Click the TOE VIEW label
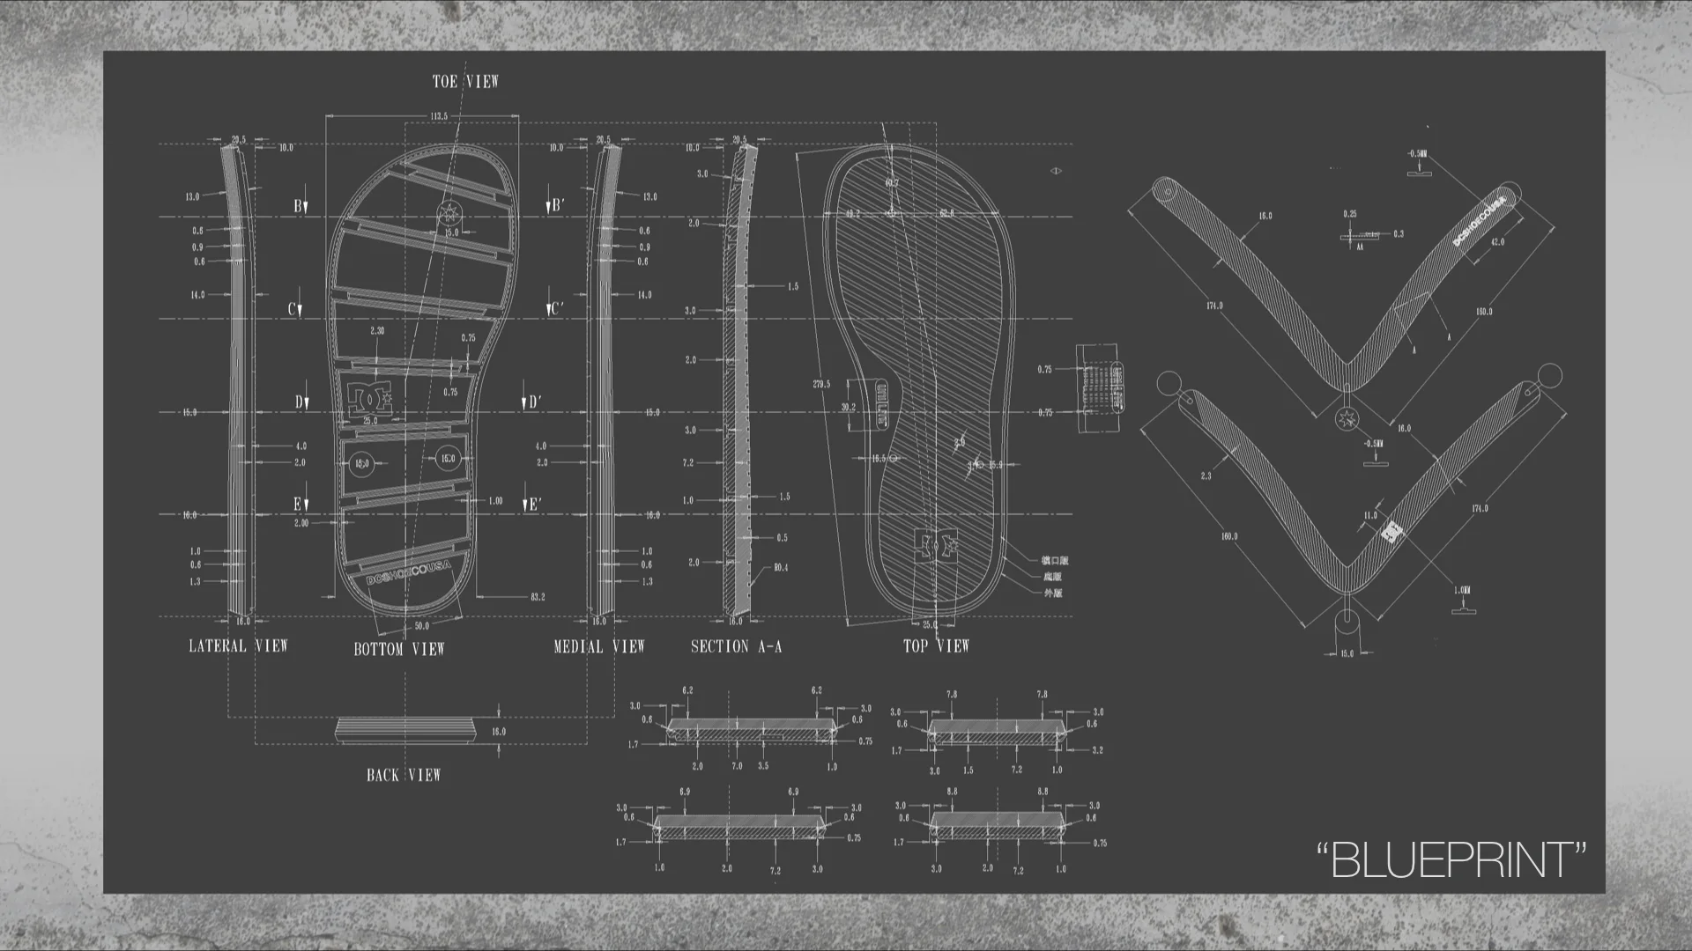tap(465, 82)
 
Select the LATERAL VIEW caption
tap(238, 645)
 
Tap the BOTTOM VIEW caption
tap(399, 649)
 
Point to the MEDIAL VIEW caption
tap(599, 646)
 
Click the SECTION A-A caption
tap(736, 646)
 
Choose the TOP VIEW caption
tap(936, 645)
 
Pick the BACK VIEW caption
tap(404, 775)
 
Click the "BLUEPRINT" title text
tap(1451, 859)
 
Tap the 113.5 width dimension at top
tap(439, 116)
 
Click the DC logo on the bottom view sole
tap(370, 398)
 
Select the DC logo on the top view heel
tap(935, 544)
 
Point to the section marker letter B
tap(299, 206)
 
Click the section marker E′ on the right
tap(532, 505)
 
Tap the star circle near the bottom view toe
tap(449, 212)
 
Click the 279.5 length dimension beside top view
tap(820, 384)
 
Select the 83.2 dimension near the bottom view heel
tap(537, 597)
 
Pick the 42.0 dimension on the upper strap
tap(1497, 242)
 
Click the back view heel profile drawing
tap(406, 730)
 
